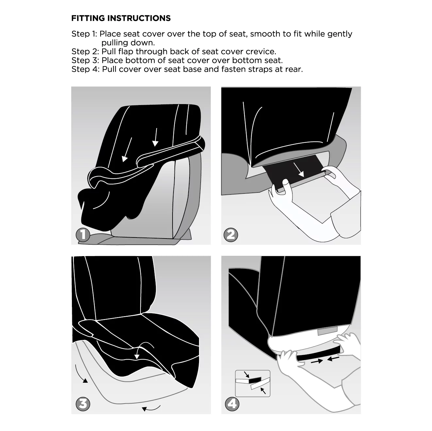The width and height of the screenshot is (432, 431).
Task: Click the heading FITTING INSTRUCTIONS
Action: click(x=121, y=18)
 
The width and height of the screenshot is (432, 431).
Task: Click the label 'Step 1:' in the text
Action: click(x=84, y=34)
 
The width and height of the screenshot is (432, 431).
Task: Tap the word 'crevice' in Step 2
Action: click(x=261, y=52)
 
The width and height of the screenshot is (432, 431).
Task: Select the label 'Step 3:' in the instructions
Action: click(x=85, y=60)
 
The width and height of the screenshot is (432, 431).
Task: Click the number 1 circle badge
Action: click(x=83, y=235)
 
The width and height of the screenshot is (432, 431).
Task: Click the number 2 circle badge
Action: click(x=231, y=235)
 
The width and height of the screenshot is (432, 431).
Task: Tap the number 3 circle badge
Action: click(x=83, y=404)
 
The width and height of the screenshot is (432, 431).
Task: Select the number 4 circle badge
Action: click(x=232, y=404)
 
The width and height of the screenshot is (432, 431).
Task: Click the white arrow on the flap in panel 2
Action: click(x=299, y=169)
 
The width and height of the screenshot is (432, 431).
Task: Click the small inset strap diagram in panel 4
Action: click(x=253, y=383)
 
